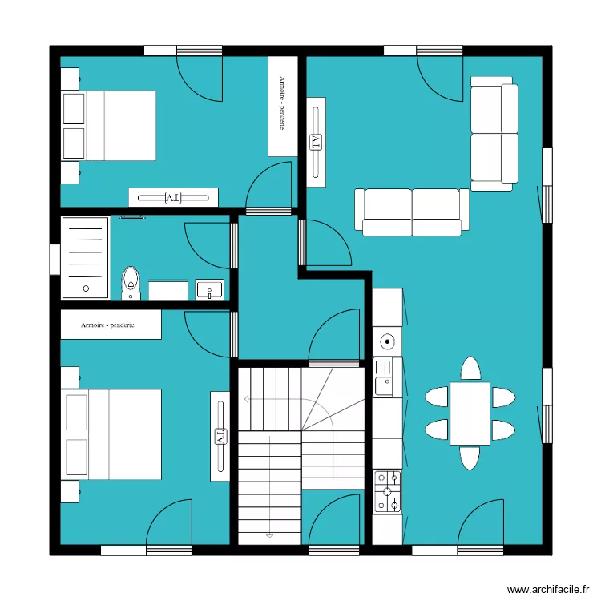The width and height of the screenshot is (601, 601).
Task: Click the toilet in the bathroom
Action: pyautogui.click(x=131, y=284)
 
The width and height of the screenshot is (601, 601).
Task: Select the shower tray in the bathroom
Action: pyautogui.click(x=85, y=257)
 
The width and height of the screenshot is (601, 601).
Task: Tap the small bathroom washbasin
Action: pyautogui.click(x=210, y=289)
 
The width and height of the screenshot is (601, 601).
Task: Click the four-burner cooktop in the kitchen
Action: pyautogui.click(x=388, y=490)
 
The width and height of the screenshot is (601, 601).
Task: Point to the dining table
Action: pyautogui.click(x=470, y=413)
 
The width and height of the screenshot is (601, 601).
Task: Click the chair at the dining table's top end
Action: pyautogui.click(x=470, y=369)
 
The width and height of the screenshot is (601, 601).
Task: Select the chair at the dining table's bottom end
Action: pyautogui.click(x=470, y=458)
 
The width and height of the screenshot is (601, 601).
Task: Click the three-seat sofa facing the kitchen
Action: pyautogui.click(x=413, y=212)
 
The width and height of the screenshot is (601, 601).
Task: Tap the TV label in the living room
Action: pyautogui.click(x=316, y=143)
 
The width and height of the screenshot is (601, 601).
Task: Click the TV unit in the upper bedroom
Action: pyautogui.click(x=173, y=197)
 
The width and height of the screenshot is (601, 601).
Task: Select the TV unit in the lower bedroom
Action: pyautogui.click(x=220, y=437)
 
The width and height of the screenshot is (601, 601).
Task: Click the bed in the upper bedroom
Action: pyautogui.click(x=109, y=126)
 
